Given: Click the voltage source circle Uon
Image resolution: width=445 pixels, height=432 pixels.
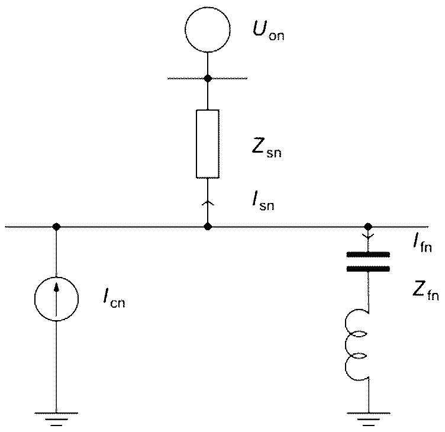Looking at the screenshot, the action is [208, 7].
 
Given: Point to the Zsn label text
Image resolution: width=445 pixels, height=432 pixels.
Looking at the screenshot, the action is [266, 148].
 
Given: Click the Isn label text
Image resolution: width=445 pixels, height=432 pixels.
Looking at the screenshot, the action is [263, 201].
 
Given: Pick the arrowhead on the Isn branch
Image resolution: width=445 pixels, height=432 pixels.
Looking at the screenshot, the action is [208, 202].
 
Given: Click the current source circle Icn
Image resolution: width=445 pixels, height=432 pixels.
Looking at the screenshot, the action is [56, 278].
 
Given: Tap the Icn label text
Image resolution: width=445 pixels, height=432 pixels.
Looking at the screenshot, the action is [114, 299].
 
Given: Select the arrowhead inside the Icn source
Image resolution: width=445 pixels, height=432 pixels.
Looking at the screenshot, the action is [57, 286].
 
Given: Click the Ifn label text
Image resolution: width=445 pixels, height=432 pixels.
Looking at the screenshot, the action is [423, 244].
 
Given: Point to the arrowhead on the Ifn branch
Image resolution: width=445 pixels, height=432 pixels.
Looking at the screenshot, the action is [369, 236].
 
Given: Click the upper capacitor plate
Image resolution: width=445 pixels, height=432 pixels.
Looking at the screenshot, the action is [368, 254].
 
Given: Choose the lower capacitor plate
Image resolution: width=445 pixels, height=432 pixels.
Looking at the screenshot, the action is [368, 269].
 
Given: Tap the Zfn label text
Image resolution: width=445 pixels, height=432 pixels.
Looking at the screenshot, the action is [425, 291].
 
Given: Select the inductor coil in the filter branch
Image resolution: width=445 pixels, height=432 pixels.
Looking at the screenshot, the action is [346, 344].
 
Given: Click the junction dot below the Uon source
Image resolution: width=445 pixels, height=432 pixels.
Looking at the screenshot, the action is [208, 78].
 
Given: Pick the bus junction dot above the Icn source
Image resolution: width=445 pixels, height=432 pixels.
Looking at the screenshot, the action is [56, 227].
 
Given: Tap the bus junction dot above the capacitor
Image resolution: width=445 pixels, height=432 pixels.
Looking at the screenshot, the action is [368, 227].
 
